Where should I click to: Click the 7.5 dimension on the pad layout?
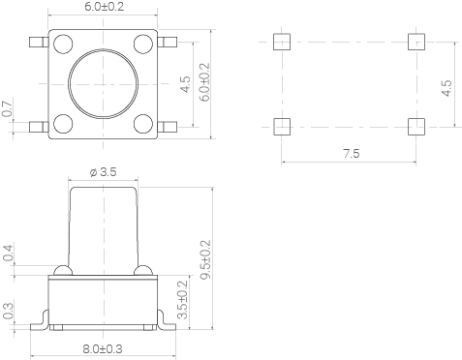352,154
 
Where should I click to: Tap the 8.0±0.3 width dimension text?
103,349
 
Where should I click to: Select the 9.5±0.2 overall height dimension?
205,259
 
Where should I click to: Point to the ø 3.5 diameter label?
103,172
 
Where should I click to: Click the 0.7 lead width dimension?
8,108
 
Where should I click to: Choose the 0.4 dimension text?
8,253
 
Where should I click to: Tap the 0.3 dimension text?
8,311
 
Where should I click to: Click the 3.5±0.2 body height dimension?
183,300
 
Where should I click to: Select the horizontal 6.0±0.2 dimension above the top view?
105,7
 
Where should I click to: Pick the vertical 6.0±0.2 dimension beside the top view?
204,82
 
